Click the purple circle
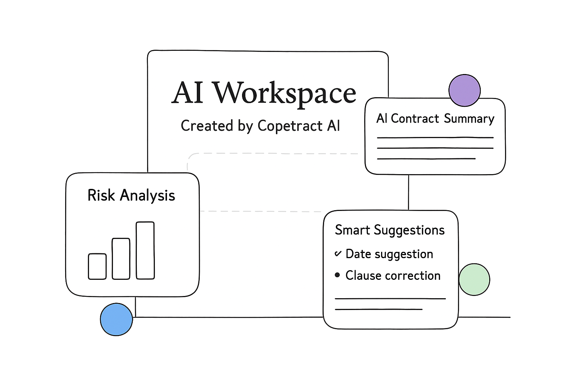465,90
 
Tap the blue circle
116,319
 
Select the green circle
474,279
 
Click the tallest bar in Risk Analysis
145,250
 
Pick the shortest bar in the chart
97,266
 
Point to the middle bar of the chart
121,258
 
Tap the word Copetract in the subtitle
290,126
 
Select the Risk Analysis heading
131,195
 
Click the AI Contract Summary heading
435,119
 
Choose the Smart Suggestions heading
390,230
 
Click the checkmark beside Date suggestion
338,253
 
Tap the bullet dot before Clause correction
337,275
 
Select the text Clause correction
393,275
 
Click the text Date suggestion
389,254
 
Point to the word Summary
469,119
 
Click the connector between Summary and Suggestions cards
409,192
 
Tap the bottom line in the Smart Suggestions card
379,309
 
